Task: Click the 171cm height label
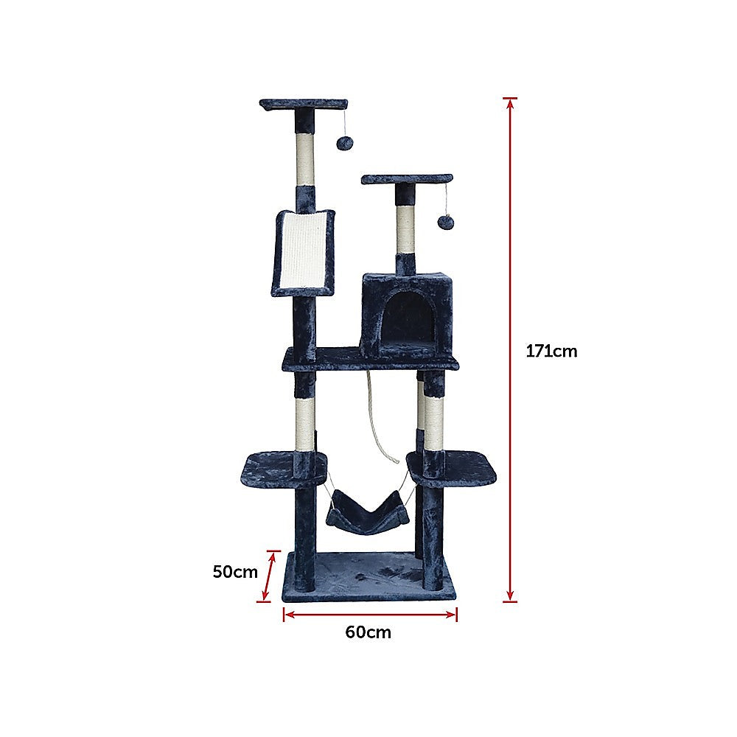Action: (x=551, y=352)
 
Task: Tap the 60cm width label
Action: (x=368, y=632)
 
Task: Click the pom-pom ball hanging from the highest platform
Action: (x=343, y=143)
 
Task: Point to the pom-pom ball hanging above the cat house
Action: (x=444, y=221)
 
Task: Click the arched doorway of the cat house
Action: (x=409, y=316)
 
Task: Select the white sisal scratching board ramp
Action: (x=304, y=250)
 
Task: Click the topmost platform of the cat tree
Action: (x=303, y=105)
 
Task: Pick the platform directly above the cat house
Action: (x=406, y=179)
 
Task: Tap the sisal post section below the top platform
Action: (x=305, y=158)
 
